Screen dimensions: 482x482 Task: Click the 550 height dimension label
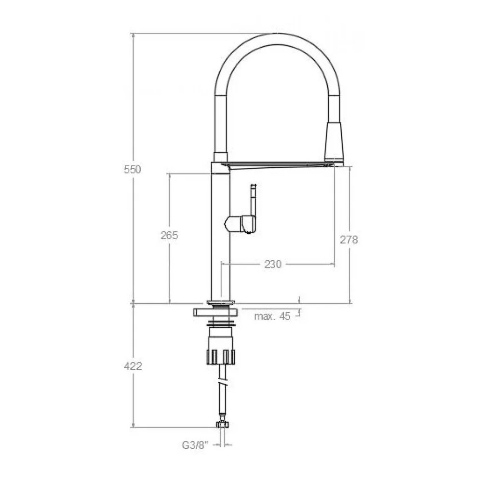[x=132, y=169]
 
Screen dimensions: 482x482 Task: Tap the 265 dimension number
[x=169, y=236]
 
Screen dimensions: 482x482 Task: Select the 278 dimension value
[x=349, y=240]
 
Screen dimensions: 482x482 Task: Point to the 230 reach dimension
[x=273, y=264]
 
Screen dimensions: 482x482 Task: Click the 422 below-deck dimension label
[x=133, y=366]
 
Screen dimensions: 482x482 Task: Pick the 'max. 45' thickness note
[x=272, y=316]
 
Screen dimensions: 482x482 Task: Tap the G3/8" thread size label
[x=195, y=445]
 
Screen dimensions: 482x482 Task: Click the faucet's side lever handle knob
[x=241, y=224]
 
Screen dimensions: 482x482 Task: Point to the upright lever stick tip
[x=254, y=186]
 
